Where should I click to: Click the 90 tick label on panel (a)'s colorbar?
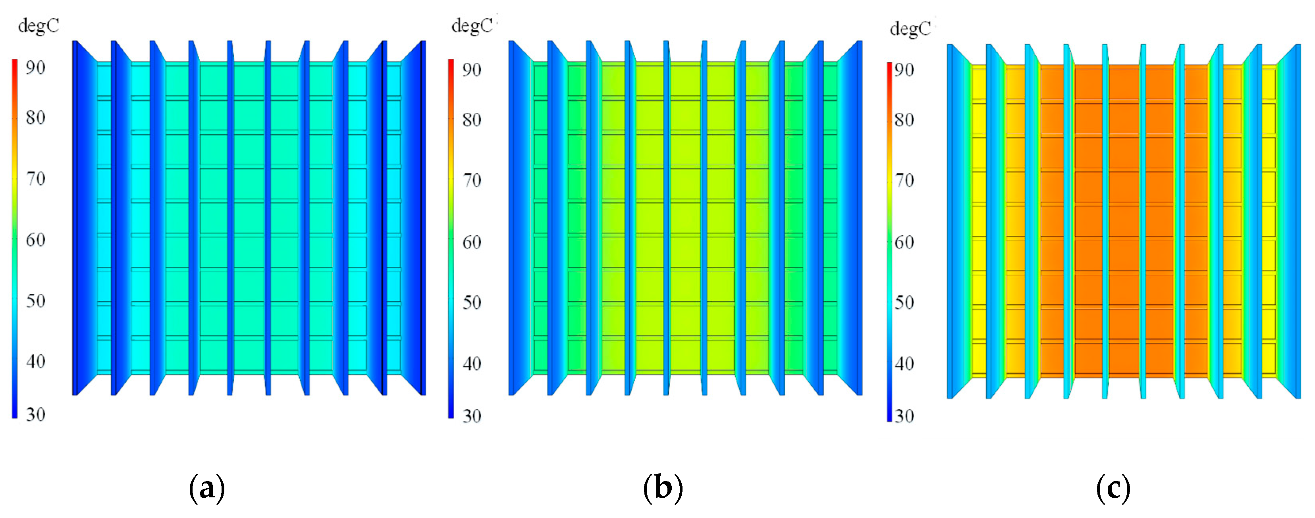[x=35, y=67]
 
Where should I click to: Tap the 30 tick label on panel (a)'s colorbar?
[x=35, y=414]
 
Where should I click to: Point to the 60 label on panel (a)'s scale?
[x=35, y=240]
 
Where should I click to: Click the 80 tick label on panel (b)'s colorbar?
[x=472, y=120]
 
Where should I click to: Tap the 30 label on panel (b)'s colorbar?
[x=472, y=416]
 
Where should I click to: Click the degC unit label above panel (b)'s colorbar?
[x=472, y=25]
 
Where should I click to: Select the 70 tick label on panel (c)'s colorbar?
[x=904, y=180]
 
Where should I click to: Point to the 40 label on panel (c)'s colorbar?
[x=904, y=364]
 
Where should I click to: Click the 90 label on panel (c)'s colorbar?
[x=904, y=69]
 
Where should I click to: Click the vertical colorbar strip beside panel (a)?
[x=15, y=239]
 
